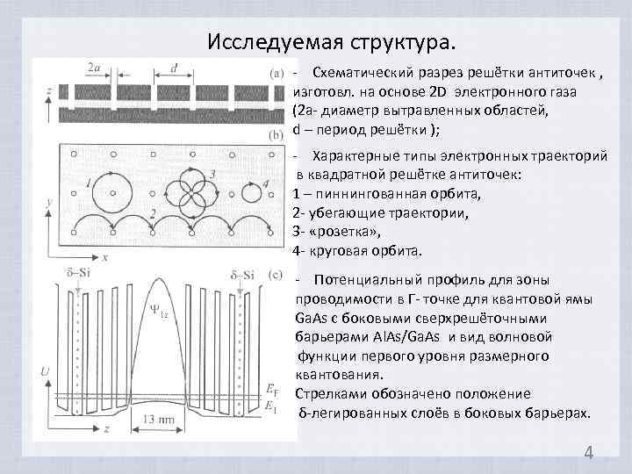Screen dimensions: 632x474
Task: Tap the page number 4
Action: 588,453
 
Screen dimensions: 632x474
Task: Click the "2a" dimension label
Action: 94,67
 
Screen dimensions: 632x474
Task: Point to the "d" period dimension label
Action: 175,67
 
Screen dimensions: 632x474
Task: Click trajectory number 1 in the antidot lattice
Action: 90,183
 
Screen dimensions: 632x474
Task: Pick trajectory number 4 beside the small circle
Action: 265,184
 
